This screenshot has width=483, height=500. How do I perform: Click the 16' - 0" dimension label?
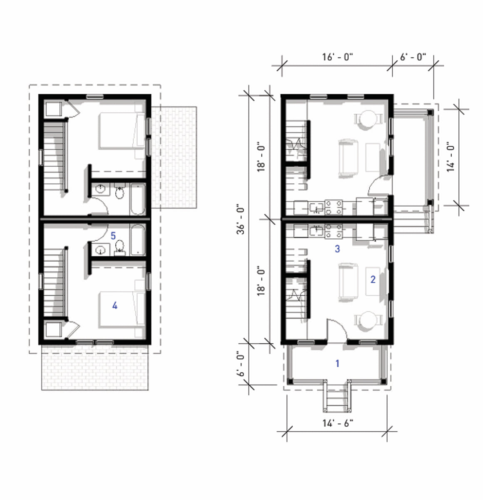click(337, 57)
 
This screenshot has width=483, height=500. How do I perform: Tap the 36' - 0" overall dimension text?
click(241, 219)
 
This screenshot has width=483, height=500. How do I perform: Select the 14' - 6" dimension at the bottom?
click(337, 423)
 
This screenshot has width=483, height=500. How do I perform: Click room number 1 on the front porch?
click(337, 363)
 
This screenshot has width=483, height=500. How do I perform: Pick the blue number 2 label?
click(373, 280)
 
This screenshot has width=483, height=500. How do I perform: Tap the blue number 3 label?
click(337, 249)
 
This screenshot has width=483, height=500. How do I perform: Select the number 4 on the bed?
click(115, 306)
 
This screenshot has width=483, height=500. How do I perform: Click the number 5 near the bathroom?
click(113, 235)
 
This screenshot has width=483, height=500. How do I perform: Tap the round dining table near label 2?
click(368, 321)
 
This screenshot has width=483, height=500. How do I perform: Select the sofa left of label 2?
click(348, 282)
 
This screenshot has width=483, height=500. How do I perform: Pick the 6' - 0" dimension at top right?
click(413, 57)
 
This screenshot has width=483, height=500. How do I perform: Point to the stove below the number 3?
click(334, 230)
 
